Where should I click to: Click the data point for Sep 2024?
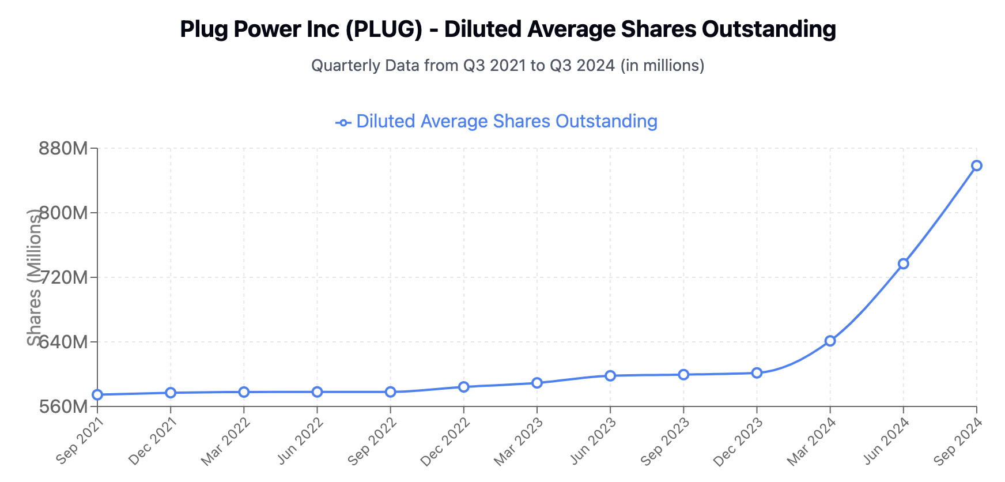(976, 166)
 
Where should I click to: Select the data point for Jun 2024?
(903, 263)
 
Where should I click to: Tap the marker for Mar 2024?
(830, 341)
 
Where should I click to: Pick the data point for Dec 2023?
(757, 373)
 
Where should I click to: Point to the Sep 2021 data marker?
(97, 395)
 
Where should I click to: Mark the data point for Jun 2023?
(610, 376)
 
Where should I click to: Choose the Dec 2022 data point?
(464, 387)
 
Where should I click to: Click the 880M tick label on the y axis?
(63, 149)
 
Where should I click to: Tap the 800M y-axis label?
(63, 213)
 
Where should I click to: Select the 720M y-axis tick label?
(63, 278)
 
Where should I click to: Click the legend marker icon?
(343, 122)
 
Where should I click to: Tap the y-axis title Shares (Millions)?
(35, 277)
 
